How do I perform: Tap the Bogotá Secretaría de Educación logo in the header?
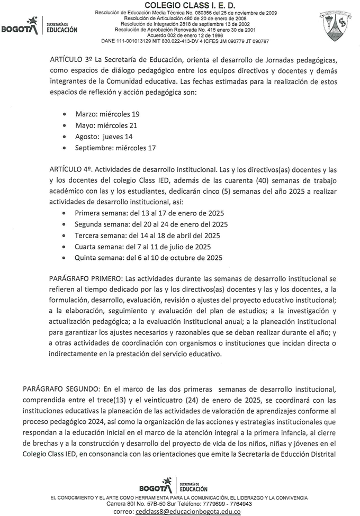click(39, 26)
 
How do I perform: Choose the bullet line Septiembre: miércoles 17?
click(115, 148)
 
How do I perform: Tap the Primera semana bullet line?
click(149, 213)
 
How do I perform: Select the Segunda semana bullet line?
click(151, 224)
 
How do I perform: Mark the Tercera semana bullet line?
click(147, 236)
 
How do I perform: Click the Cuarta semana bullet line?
click(143, 247)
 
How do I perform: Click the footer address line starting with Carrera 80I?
click(179, 504)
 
